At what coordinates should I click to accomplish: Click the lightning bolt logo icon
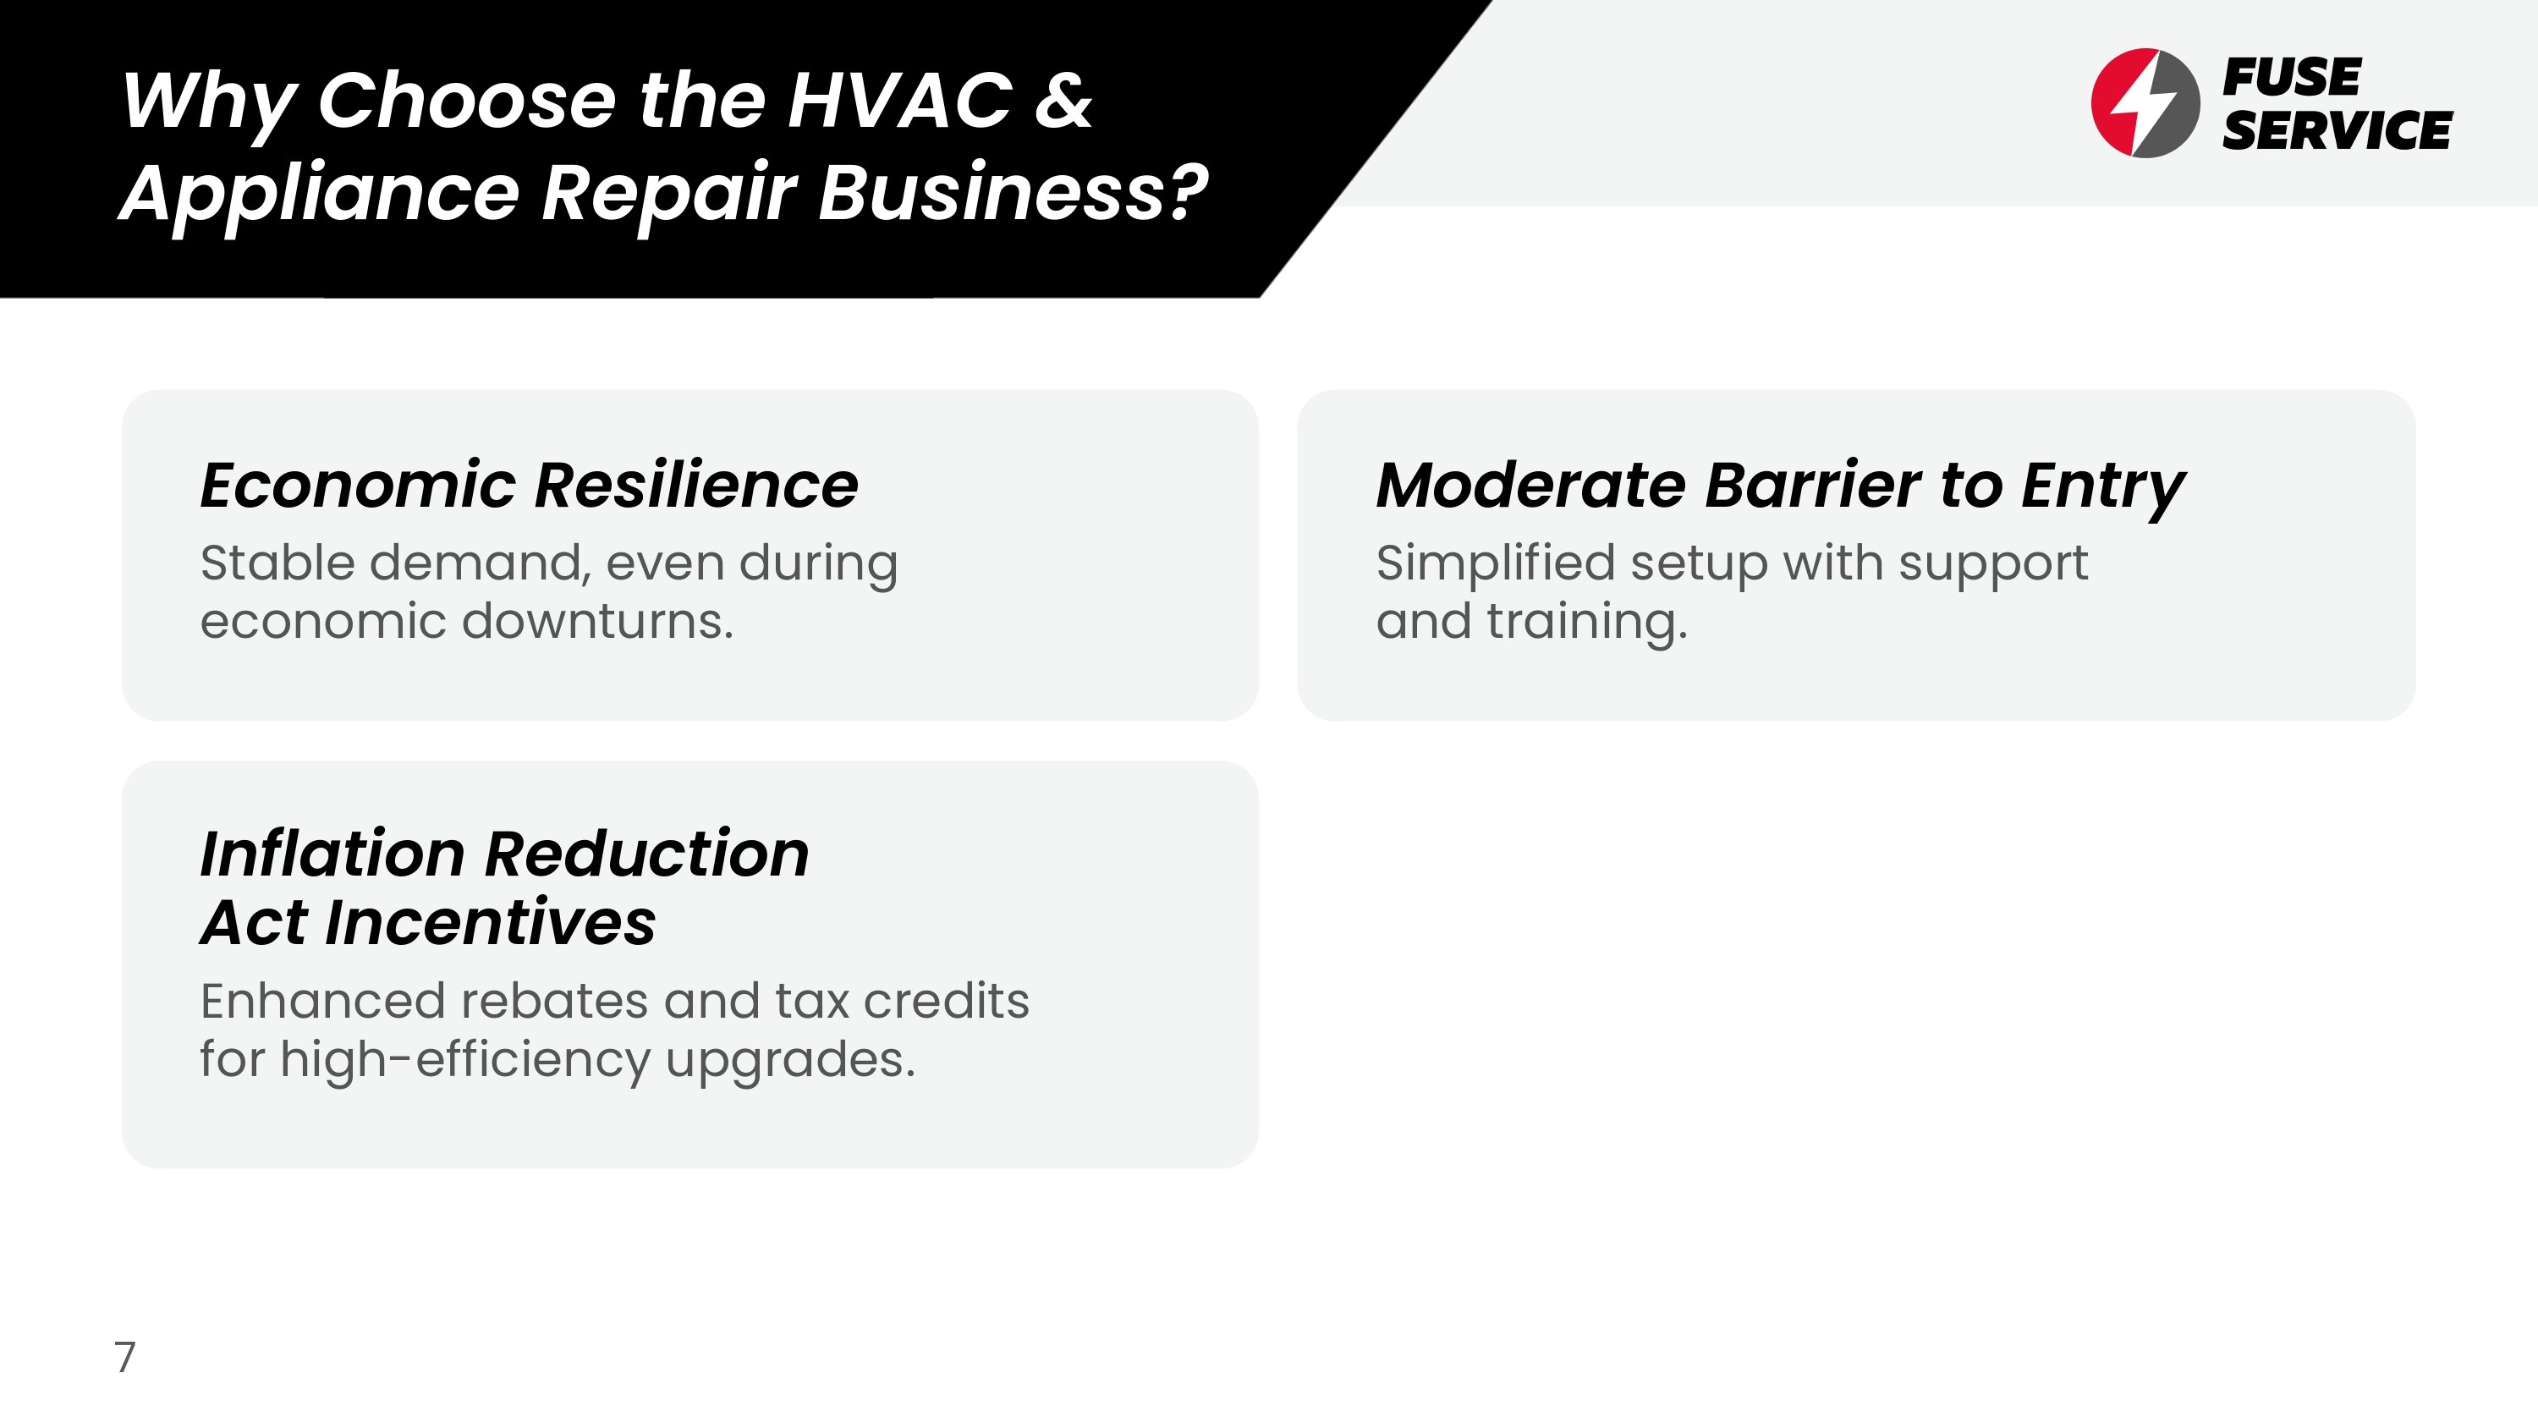[x=2145, y=102]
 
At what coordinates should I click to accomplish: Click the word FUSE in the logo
[x=2291, y=77]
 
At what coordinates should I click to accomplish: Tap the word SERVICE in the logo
[x=2337, y=130]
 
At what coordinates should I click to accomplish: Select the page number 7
[x=125, y=1357]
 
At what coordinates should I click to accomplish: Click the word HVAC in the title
[x=899, y=101]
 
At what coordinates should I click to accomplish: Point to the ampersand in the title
[x=1064, y=101]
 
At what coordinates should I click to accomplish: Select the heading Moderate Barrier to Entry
[x=1780, y=486]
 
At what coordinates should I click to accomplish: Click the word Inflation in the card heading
[x=332, y=854]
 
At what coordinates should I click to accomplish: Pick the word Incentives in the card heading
[x=490, y=924]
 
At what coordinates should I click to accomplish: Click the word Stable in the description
[x=277, y=563]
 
